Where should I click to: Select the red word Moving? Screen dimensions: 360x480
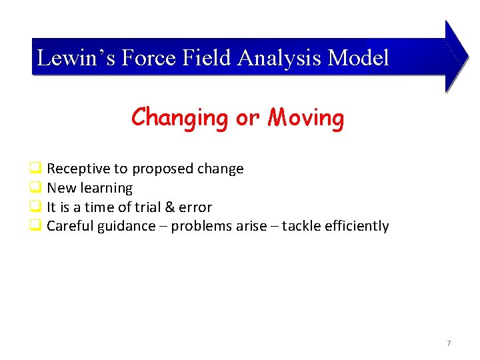(306, 117)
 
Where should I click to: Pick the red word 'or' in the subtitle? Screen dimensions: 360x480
(247, 119)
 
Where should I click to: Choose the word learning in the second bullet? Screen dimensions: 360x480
(107, 188)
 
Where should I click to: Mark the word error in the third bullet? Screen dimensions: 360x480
(195, 207)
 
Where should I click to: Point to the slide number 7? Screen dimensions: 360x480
(449, 343)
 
